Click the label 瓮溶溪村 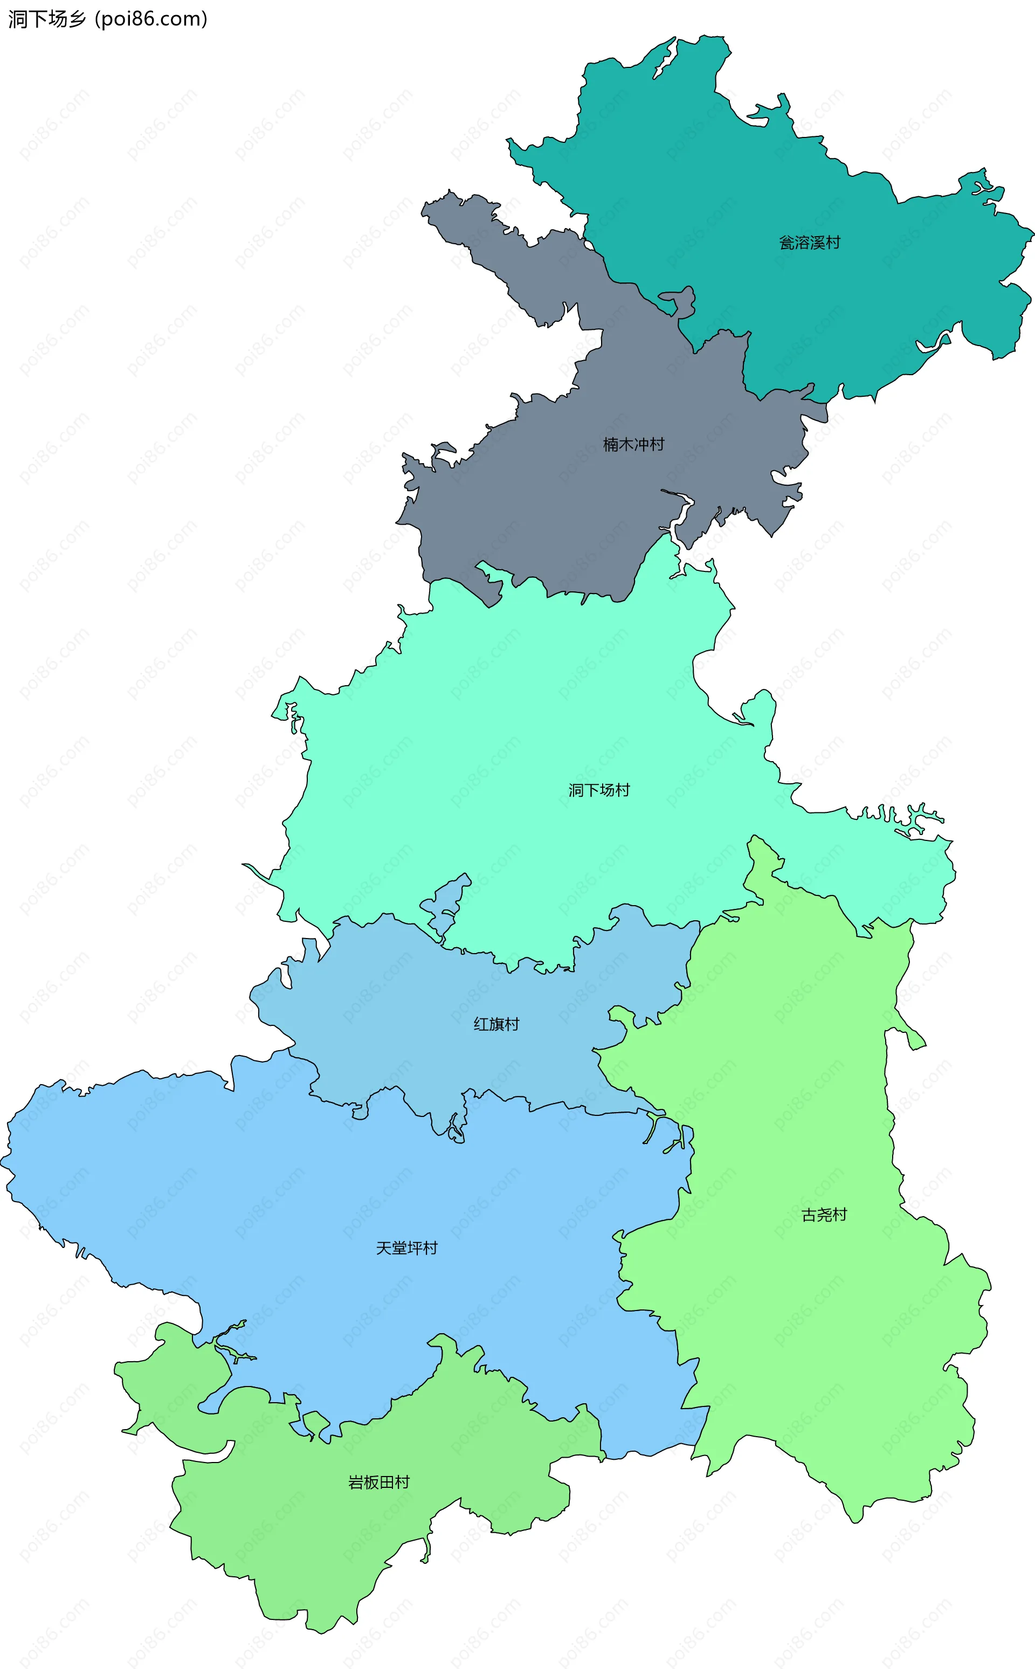click(x=809, y=243)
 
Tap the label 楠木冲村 click(x=633, y=445)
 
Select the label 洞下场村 click(x=599, y=790)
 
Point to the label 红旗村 click(x=496, y=1024)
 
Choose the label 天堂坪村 click(x=406, y=1248)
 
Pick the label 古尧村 click(x=824, y=1215)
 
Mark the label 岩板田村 click(x=378, y=1482)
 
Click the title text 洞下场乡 click(x=46, y=19)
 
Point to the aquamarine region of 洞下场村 click(x=513, y=719)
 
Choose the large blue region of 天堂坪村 click(x=274, y=1198)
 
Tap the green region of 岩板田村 click(x=308, y=1540)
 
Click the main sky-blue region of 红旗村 click(x=411, y=1013)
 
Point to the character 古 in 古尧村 click(x=809, y=1215)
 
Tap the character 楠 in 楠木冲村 click(x=610, y=445)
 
